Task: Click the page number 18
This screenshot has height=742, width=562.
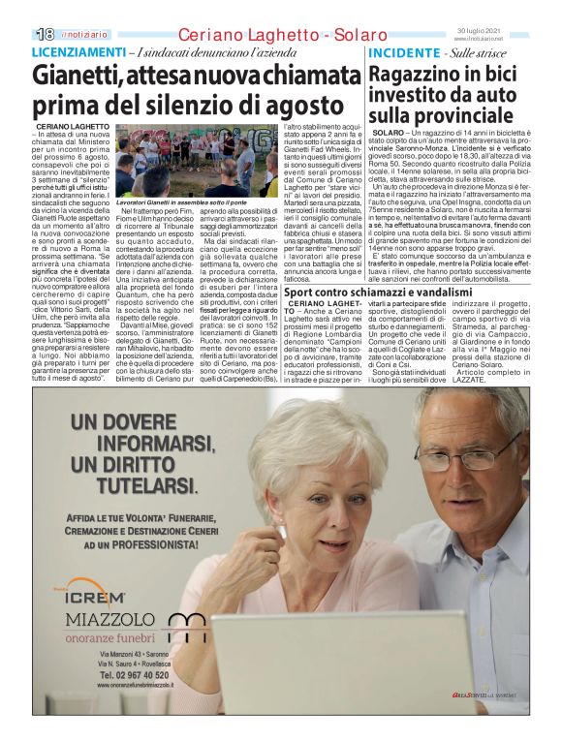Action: click(x=43, y=34)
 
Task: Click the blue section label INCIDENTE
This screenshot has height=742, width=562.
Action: click(x=402, y=51)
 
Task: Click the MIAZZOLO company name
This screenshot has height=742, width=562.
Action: click(x=106, y=620)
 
